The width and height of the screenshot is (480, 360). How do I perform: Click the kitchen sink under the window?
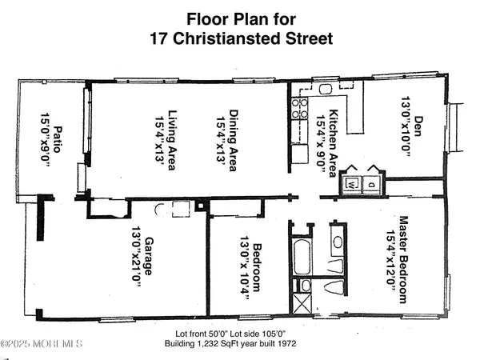pos(328,90)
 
